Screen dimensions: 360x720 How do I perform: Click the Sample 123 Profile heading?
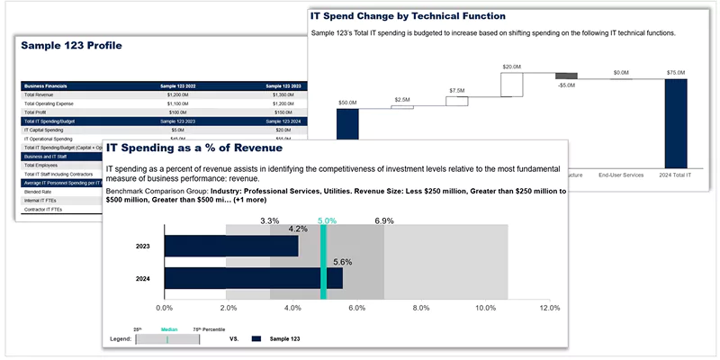click(71, 46)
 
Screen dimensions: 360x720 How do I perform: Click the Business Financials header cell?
click(46, 85)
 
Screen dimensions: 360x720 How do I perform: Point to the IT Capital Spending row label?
click(46, 130)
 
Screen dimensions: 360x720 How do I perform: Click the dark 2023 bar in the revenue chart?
click(231, 246)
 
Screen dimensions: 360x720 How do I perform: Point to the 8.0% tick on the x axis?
click(421, 308)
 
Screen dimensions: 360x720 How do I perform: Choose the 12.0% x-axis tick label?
click(549, 308)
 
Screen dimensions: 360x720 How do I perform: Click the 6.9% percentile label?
click(384, 220)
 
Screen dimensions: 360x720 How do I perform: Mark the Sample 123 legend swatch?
click(256, 339)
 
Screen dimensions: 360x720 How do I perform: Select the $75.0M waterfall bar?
click(676, 110)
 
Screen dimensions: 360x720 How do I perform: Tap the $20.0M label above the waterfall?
click(512, 67)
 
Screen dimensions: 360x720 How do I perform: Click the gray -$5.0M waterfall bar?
click(566, 76)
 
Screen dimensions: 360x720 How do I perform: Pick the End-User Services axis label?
click(621, 175)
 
